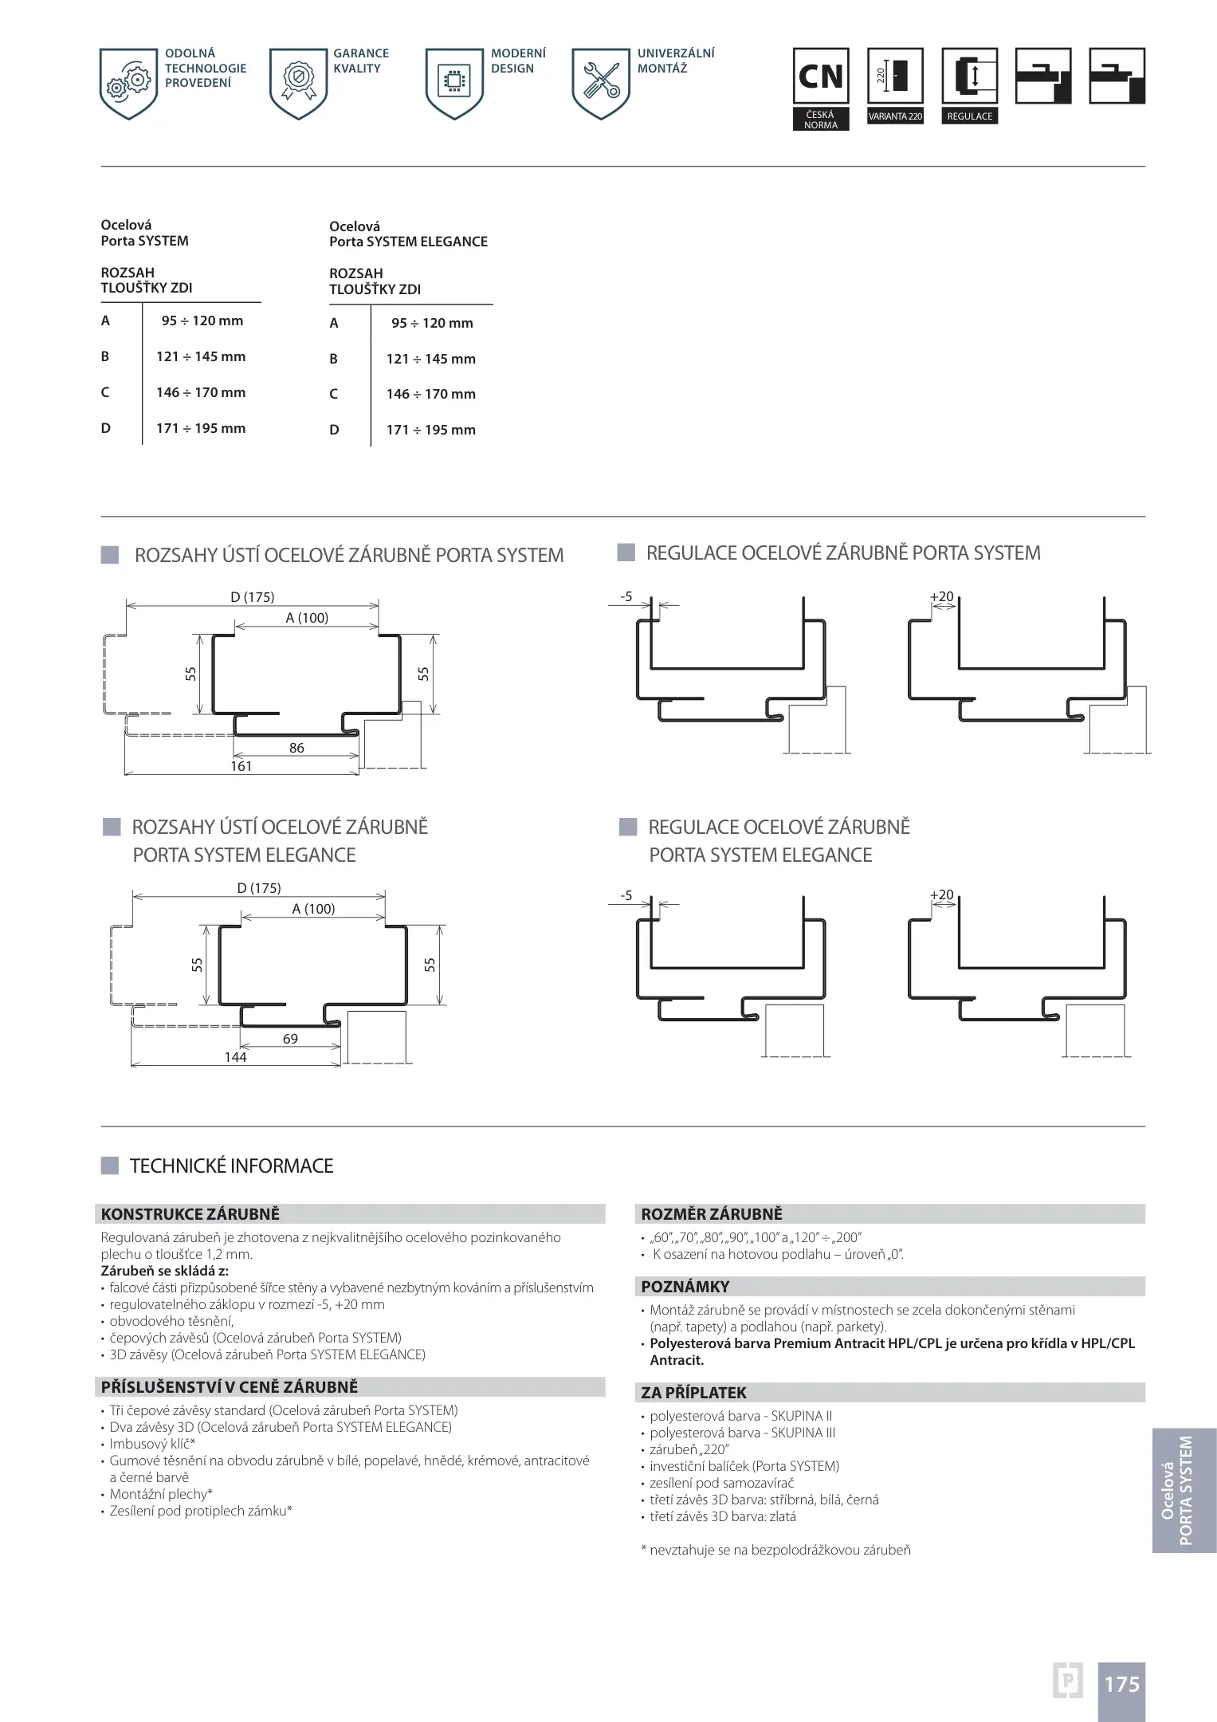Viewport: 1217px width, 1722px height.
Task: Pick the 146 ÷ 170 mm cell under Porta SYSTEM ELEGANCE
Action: (430, 394)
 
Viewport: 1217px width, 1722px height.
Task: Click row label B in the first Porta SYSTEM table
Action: (105, 356)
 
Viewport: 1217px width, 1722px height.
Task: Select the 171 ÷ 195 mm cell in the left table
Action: (201, 428)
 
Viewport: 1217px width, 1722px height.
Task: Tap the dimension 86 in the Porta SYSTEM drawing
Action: (296, 748)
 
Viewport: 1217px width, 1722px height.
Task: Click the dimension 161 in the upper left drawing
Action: (241, 766)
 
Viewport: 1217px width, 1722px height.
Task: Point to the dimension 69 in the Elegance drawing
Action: (290, 1039)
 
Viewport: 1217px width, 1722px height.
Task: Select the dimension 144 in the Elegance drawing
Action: (235, 1057)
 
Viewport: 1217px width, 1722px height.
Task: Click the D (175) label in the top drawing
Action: (252, 597)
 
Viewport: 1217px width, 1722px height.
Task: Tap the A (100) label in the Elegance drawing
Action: (313, 909)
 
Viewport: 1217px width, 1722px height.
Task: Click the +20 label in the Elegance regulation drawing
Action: (941, 894)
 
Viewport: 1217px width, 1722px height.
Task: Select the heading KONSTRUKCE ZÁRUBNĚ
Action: (190, 1214)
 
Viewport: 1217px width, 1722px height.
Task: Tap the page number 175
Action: (1121, 1684)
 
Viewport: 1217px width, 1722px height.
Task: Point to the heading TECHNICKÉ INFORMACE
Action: (231, 1166)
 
